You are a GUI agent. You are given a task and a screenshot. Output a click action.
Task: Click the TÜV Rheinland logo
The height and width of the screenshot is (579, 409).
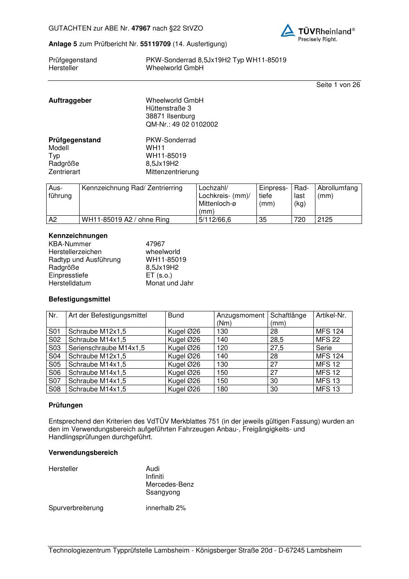click(317, 32)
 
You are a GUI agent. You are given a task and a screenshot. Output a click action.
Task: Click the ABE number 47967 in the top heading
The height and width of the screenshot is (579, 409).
click(141, 28)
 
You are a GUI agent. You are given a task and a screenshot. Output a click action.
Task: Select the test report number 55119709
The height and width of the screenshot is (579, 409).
click(155, 44)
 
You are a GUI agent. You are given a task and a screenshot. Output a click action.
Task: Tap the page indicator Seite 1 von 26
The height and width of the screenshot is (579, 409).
click(338, 85)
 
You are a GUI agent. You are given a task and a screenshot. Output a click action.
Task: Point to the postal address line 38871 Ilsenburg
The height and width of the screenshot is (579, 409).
click(170, 116)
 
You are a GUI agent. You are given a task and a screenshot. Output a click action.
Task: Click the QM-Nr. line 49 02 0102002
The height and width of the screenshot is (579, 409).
click(182, 125)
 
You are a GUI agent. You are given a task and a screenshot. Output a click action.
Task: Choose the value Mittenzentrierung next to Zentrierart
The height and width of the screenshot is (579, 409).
click(172, 172)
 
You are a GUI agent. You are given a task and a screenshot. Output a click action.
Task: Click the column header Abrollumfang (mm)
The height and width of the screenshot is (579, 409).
click(338, 192)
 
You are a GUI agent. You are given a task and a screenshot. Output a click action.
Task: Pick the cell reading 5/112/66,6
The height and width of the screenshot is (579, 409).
click(215, 220)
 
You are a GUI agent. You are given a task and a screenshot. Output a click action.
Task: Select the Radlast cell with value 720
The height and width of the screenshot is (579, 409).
click(300, 220)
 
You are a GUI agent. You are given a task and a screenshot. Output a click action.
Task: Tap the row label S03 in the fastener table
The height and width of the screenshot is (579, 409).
click(54, 348)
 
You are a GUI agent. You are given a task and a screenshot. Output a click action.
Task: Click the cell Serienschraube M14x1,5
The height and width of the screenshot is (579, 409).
click(106, 348)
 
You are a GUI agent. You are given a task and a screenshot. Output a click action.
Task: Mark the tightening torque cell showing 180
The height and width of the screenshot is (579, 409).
click(222, 389)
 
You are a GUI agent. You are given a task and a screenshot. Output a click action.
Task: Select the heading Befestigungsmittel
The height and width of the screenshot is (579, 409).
click(79, 299)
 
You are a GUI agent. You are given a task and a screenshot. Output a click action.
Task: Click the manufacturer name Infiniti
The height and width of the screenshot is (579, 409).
click(155, 477)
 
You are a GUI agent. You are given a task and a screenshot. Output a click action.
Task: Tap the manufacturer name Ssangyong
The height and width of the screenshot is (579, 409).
click(163, 492)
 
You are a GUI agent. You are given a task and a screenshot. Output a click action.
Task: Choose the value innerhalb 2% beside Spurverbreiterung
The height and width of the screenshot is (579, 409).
click(166, 508)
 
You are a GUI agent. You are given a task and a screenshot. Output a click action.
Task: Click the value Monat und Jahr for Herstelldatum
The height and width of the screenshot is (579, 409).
click(169, 283)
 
